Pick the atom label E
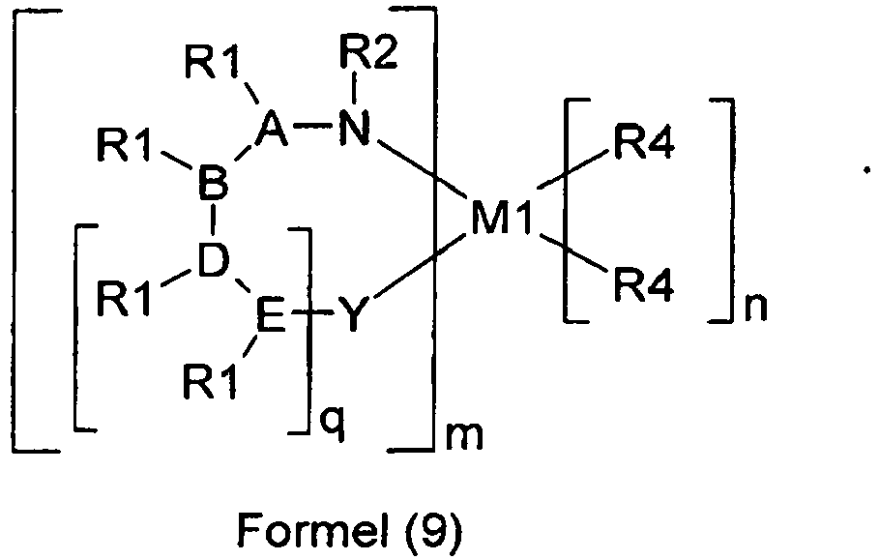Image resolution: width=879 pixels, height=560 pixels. tap(271, 316)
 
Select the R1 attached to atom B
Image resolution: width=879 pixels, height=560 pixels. tap(124, 150)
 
